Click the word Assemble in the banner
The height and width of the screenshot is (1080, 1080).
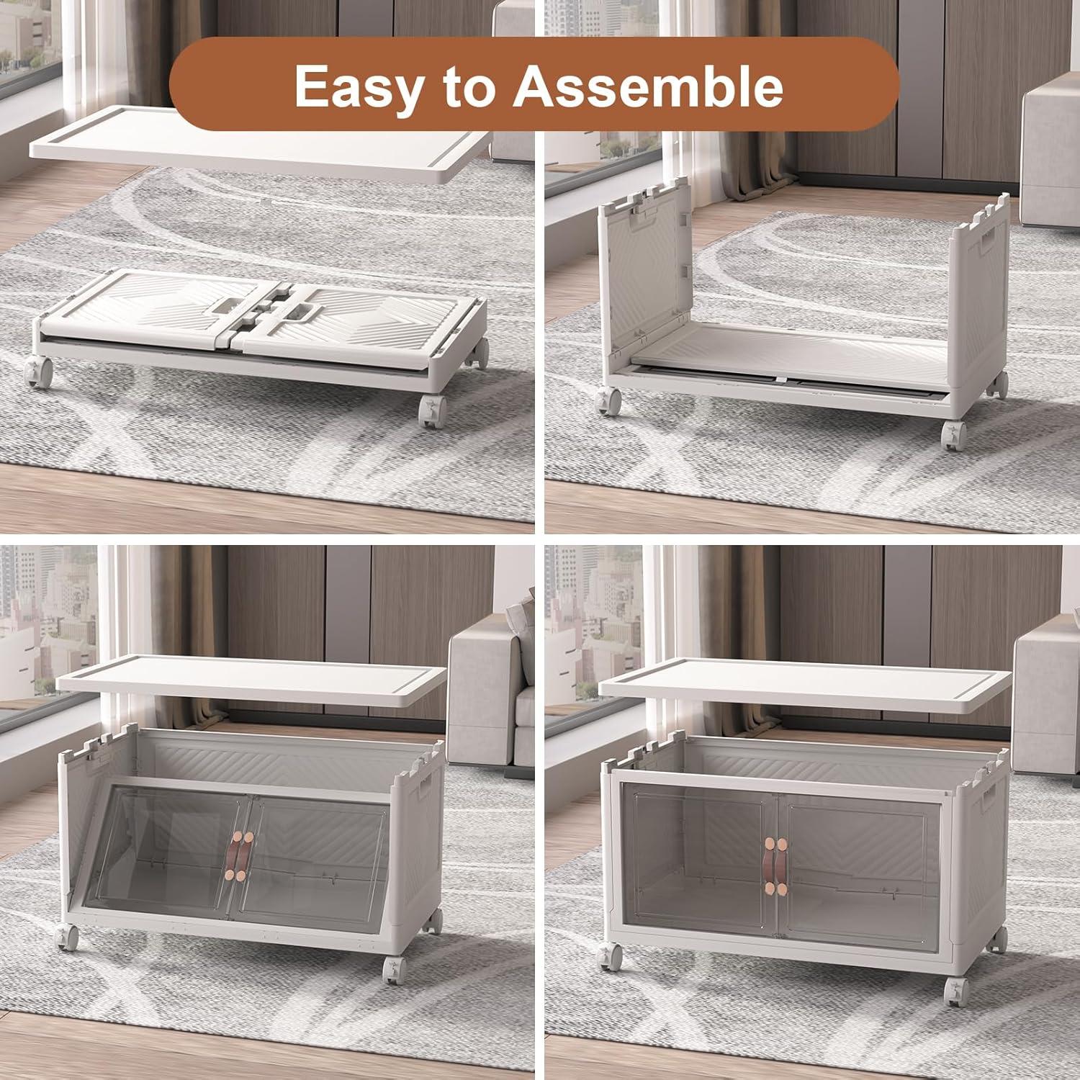(x=647, y=84)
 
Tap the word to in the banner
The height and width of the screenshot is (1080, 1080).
(x=467, y=86)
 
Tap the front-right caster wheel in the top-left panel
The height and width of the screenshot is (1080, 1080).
(x=431, y=411)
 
